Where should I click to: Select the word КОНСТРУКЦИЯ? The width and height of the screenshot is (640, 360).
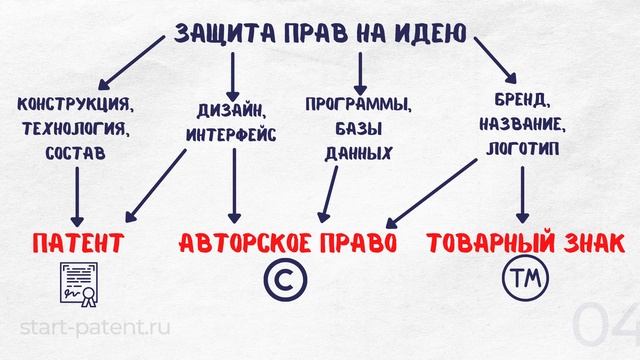pyautogui.click(x=75, y=104)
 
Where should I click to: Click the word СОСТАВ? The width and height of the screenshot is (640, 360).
pyautogui.click(x=75, y=154)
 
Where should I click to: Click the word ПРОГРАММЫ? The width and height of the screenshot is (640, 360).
pyautogui.click(x=358, y=104)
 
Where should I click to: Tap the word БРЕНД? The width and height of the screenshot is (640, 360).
pyautogui.click(x=522, y=102)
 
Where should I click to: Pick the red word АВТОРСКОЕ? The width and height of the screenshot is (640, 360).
pyautogui.click(x=247, y=243)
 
